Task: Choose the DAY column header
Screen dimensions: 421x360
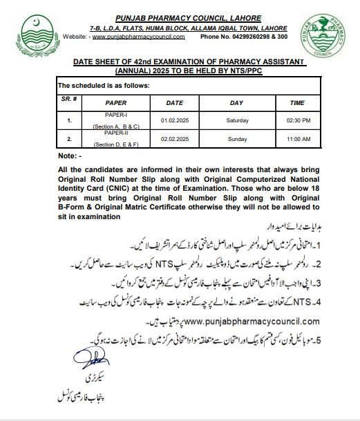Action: pos(236,102)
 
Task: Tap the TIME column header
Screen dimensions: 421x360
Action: pos(296,102)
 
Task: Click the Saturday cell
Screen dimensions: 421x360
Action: pos(236,120)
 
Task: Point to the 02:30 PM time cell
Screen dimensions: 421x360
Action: pos(296,120)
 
